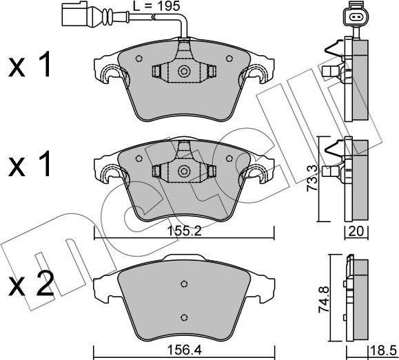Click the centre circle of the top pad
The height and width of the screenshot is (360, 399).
click(x=184, y=71)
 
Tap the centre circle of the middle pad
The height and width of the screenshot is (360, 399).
click(x=184, y=171)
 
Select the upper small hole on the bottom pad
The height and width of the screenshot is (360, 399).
click(x=183, y=284)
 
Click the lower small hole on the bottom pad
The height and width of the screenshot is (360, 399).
click(x=183, y=316)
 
